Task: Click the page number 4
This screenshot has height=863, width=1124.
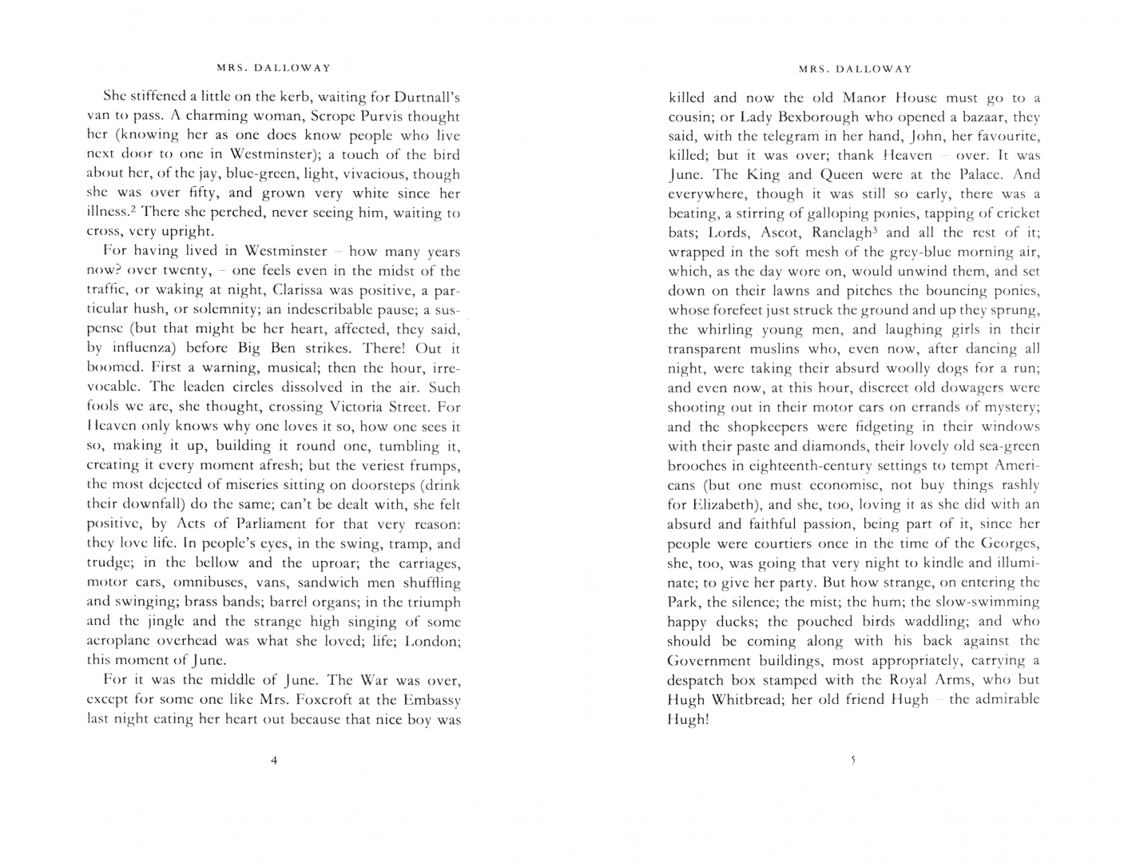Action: click(274, 761)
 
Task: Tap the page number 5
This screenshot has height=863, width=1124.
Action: click(853, 761)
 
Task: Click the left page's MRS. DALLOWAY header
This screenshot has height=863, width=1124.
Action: click(274, 68)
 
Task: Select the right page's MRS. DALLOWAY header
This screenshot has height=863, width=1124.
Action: click(855, 69)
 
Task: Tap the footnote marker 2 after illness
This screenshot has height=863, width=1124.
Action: click(133, 209)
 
